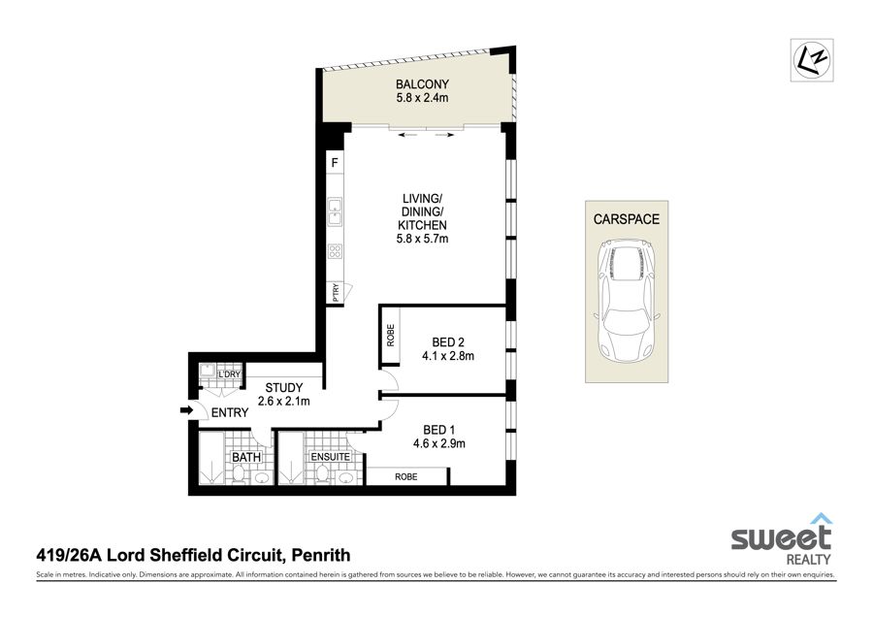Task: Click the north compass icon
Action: coord(812,59)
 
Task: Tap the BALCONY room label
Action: coord(422,84)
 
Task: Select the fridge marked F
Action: coord(335,163)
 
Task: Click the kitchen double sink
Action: coord(335,211)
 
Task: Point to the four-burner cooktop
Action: coord(335,251)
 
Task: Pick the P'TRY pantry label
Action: coord(336,293)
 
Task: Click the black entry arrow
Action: coord(186,411)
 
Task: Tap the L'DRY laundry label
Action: coord(229,374)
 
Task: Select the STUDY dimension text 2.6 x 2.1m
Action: coord(284,401)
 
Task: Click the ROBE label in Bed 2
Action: coord(390,336)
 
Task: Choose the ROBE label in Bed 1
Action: coord(405,476)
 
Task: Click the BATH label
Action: coord(246,457)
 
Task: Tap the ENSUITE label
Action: coord(330,457)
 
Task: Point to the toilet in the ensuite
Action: coord(321,473)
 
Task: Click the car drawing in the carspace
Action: coord(627,300)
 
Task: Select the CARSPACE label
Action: coord(627,219)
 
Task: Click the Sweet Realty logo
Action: coord(782,539)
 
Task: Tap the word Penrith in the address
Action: coord(321,555)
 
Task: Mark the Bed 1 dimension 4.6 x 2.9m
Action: coord(439,443)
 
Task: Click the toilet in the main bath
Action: coord(239,473)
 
